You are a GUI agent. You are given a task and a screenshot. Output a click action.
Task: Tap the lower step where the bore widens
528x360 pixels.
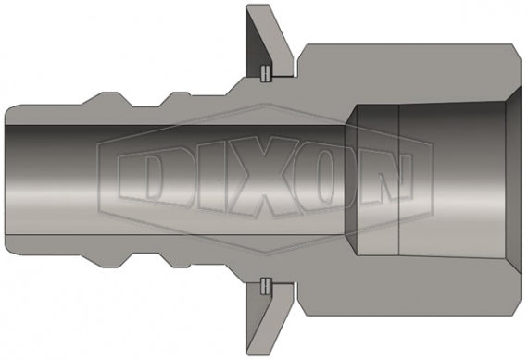(355, 253)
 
